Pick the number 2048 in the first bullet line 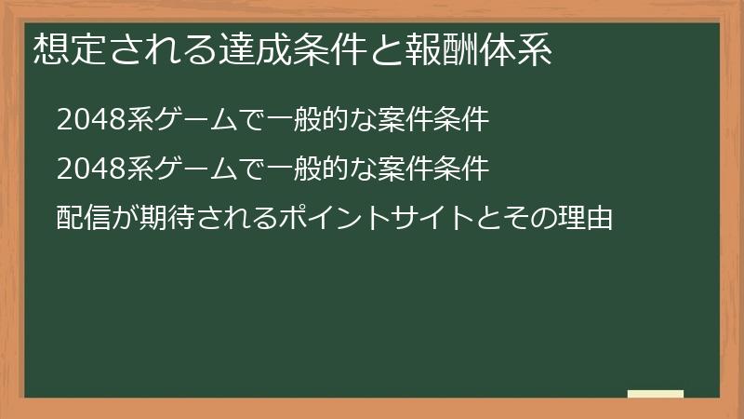click(x=87, y=121)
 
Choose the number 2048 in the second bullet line click(x=87, y=169)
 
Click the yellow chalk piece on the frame click(x=655, y=394)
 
